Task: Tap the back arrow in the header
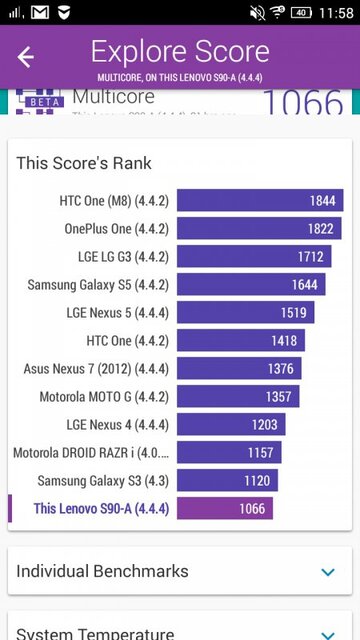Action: pos(26,57)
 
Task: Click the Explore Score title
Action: pos(180,52)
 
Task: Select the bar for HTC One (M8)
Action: pos(259,201)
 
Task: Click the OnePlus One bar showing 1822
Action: pos(258,229)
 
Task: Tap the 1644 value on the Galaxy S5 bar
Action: pos(304,285)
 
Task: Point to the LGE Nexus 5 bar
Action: pos(245,313)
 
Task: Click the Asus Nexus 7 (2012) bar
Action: pos(238,369)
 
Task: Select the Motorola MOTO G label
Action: pos(104,397)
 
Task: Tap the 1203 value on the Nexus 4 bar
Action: pos(265,425)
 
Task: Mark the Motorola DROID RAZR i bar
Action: pos(228,453)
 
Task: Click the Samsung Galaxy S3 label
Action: pos(103,481)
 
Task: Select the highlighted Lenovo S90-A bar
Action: pos(224,509)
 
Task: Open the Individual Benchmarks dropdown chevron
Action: pos(328,572)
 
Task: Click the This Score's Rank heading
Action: pos(84,163)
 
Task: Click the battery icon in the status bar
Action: pos(300,13)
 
